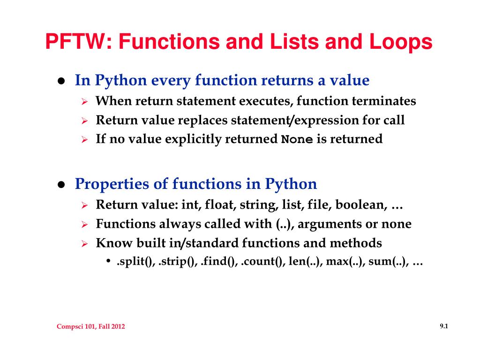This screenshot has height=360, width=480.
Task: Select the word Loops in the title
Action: [x=401, y=42]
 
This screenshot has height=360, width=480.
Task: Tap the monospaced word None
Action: [x=297, y=139]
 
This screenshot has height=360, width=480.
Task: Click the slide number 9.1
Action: [x=444, y=326]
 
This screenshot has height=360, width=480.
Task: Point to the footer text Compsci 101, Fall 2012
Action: [x=90, y=326]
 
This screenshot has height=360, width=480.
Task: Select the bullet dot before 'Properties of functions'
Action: [x=61, y=185]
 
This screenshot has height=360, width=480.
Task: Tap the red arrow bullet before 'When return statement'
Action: [x=85, y=101]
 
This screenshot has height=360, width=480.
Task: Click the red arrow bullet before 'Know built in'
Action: [x=85, y=244]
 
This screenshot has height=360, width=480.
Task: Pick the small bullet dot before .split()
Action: [x=108, y=261]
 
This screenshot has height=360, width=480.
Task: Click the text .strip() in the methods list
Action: [x=178, y=262]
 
